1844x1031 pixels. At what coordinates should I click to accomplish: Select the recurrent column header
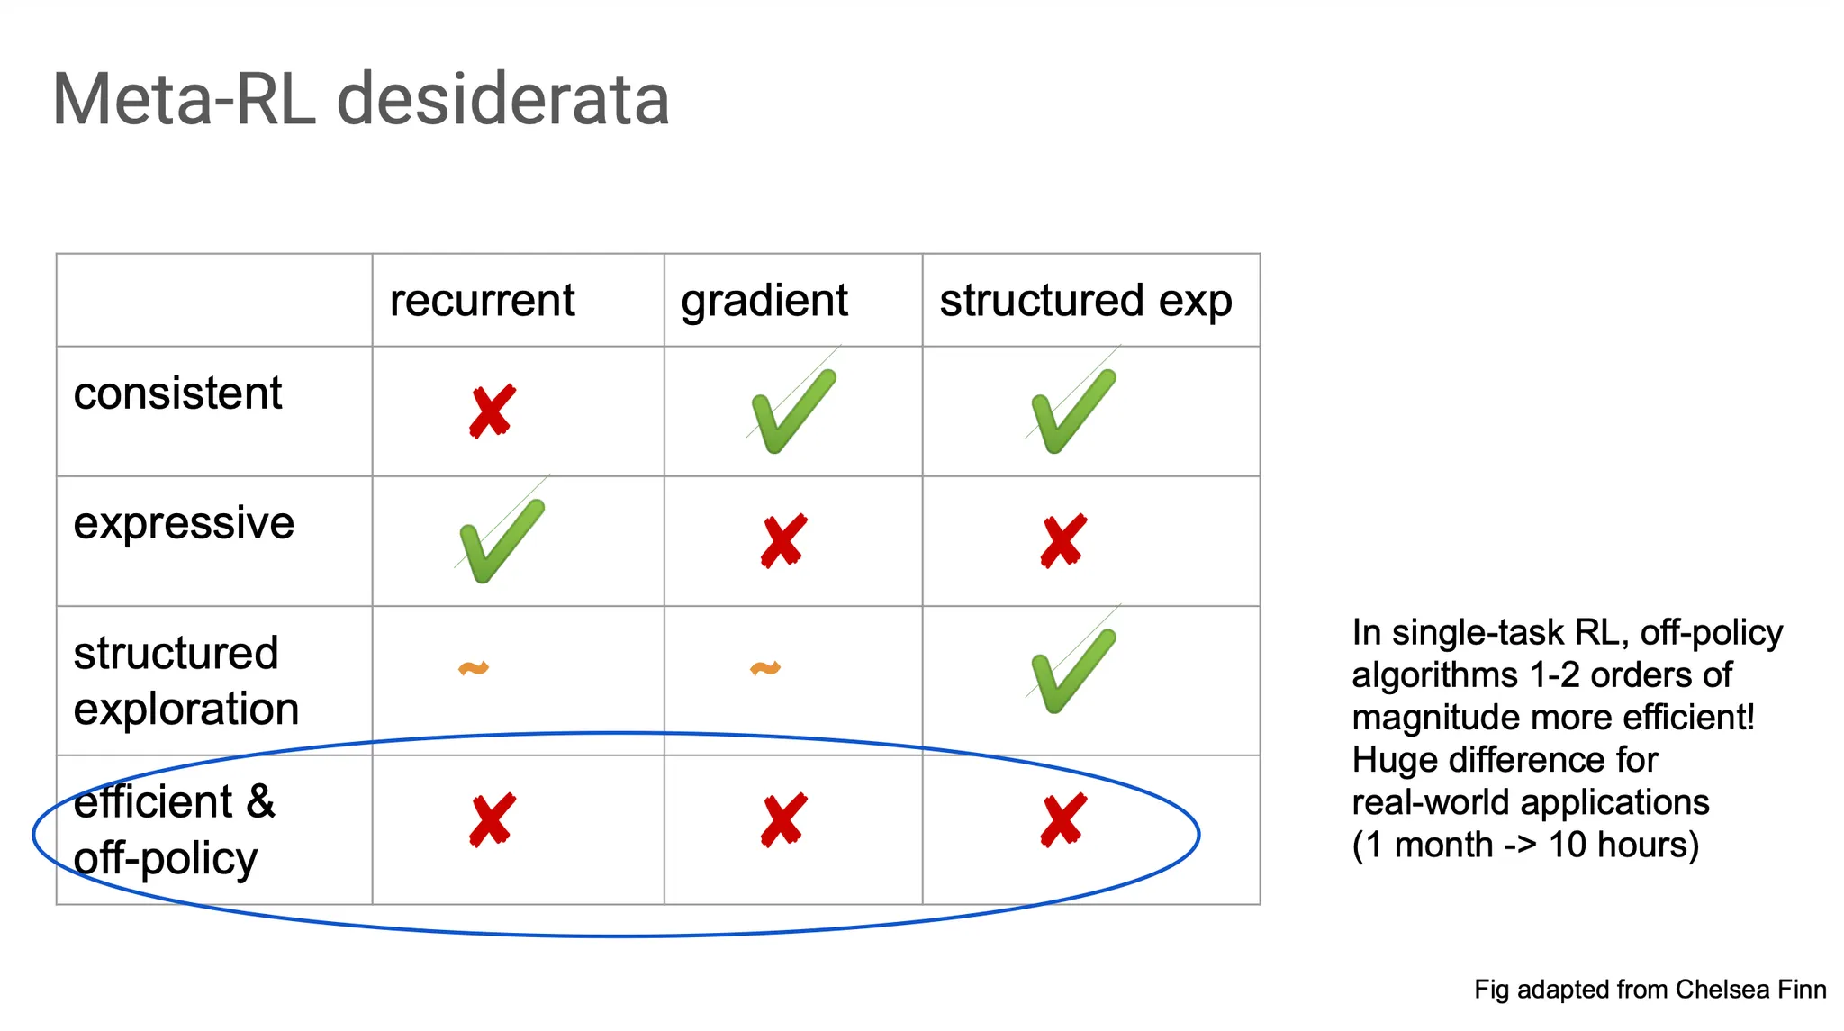click(482, 300)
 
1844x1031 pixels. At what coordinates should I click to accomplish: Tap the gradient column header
click(764, 300)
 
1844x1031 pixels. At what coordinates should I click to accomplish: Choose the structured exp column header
click(1085, 300)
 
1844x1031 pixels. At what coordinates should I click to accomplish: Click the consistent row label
click(177, 393)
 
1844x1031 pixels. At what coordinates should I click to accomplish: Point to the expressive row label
click(184, 523)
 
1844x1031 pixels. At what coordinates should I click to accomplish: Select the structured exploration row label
click(185, 681)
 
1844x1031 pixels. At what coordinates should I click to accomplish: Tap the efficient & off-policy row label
click(174, 829)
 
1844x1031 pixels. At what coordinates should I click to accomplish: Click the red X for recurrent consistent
click(492, 411)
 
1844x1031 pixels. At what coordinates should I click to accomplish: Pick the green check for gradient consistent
click(792, 411)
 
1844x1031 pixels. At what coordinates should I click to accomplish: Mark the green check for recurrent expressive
click(501, 540)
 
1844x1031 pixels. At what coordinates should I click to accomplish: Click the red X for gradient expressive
click(783, 541)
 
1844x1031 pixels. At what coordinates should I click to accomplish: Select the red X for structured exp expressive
click(1063, 541)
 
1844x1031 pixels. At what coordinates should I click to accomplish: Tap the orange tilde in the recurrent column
click(474, 668)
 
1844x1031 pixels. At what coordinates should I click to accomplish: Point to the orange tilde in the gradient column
click(765, 668)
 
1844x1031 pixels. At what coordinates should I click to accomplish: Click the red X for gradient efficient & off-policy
click(783, 820)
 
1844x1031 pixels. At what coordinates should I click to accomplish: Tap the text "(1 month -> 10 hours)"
click(1525, 845)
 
